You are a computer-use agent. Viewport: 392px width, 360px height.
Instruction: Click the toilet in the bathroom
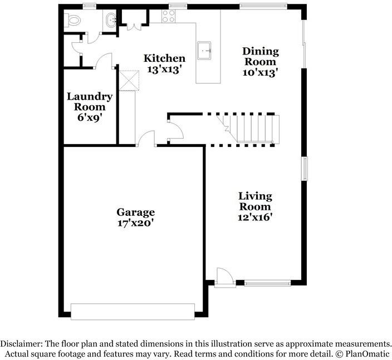click(73, 21)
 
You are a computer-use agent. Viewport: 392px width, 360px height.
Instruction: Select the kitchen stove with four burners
click(169, 17)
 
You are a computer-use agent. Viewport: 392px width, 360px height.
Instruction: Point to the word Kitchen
click(164, 58)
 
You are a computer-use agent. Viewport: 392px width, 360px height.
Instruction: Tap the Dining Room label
click(260, 56)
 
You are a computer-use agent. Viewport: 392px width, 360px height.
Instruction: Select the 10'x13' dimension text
click(260, 72)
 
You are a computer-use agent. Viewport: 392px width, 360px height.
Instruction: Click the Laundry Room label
click(90, 101)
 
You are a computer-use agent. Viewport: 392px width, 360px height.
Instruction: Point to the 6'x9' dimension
click(90, 117)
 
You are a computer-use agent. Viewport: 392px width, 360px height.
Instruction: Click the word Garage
click(135, 212)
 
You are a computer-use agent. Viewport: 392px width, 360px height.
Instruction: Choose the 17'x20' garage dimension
click(135, 223)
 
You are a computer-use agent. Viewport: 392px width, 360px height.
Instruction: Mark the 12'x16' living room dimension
click(255, 217)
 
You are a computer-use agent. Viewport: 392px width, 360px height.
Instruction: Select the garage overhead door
click(133, 312)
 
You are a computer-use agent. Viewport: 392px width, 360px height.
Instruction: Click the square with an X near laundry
click(129, 80)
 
